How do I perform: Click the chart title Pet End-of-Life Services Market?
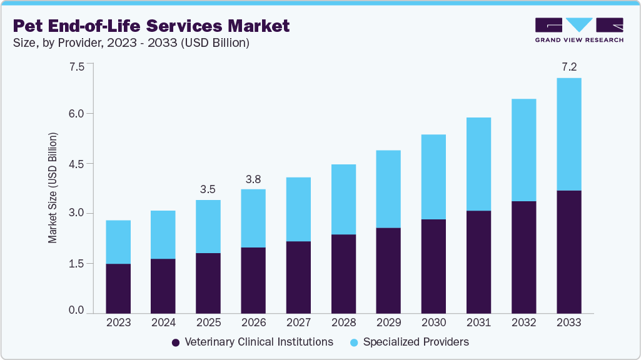coord(151,26)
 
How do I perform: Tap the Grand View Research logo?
coord(578,29)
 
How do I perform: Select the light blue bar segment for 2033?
coord(568,134)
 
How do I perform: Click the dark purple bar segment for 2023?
coord(118,288)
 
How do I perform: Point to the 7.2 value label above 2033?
coord(568,66)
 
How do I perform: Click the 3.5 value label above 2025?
coord(208,188)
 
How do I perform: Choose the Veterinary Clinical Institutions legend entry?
coord(252,342)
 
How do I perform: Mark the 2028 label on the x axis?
coord(343,323)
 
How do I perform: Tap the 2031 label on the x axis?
coord(478,323)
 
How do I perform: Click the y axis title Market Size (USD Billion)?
coord(53,188)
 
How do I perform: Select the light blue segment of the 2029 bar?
coord(388,189)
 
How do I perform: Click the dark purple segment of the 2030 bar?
coord(433,266)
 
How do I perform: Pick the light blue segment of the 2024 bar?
coord(163,234)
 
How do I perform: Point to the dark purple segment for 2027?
coord(298,277)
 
